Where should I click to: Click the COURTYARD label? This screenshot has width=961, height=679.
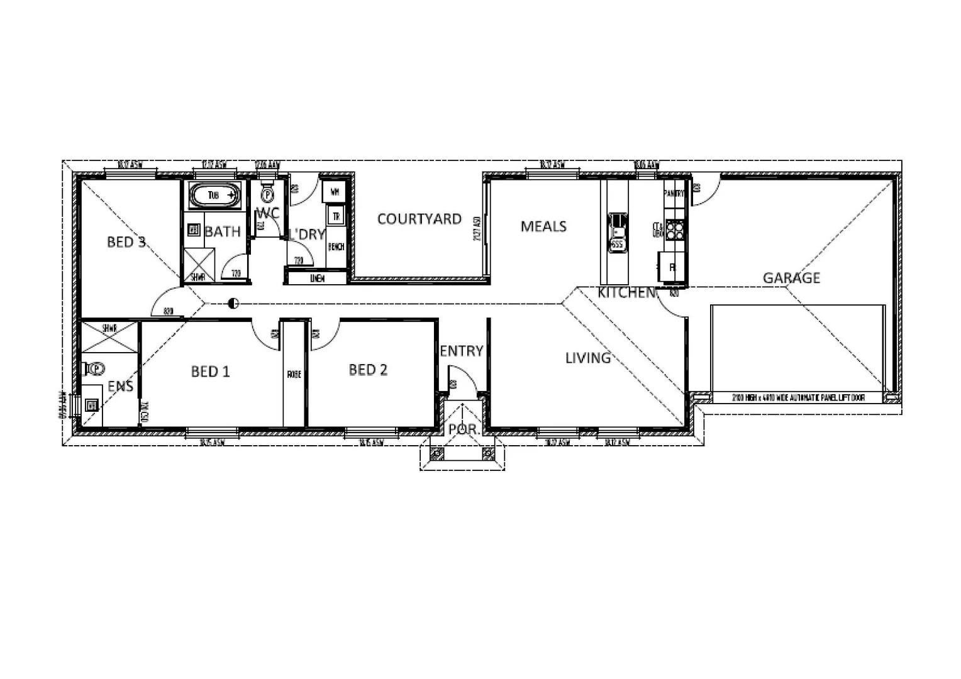pyautogui.click(x=419, y=219)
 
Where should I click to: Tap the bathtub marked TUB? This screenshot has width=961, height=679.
pyautogui.click(x=214, y=196)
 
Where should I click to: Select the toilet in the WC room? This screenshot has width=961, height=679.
pyautogui.click(x=267, y=194)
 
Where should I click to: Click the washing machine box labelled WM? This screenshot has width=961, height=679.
pyautogui.click(x=334, y=190)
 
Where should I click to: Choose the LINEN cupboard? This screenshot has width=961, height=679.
pyautogui.click(x=316, y=278)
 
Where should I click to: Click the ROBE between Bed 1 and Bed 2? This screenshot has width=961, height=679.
pyautogui.click(x=294, y=374)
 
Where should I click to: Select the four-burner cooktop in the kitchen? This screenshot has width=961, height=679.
pyautogui.click(x=675, y=229)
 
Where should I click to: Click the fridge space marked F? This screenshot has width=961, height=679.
pyautogui.click(x=672, y=267)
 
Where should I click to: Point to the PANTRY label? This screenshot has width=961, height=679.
pyautogui.click(x=674, y=194)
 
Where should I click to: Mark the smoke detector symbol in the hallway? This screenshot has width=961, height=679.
pyautogui.click(x=233, y=304)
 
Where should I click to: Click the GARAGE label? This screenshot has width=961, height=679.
pyautogui.click(x=791, y=277)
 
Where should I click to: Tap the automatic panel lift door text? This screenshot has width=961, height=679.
pyautogui.click(x=797, y=397)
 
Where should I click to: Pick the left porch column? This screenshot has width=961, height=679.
pyautogui.click(x=436, y=453)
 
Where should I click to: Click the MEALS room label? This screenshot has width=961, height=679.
pyautogui.click(x=543, y=226)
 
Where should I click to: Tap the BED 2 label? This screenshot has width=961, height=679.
pyautogui.click(x=368, y=370)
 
